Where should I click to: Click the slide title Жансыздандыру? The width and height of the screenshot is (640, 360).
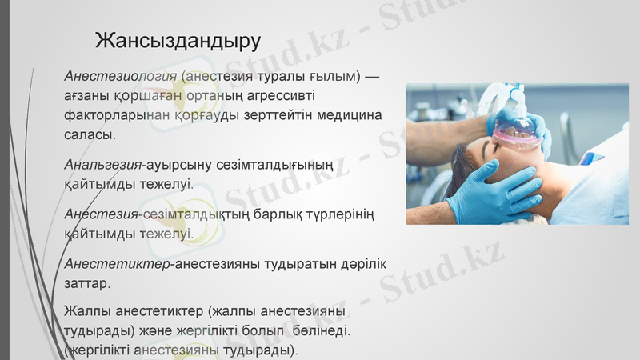click(178, 39)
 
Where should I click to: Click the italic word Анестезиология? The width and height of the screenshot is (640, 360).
click(121, 76)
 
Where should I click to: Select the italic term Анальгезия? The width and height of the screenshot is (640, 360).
click(102, 165)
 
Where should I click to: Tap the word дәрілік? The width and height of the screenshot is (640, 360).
click(353, 264)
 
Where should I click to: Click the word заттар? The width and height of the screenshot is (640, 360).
click(87, 282)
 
